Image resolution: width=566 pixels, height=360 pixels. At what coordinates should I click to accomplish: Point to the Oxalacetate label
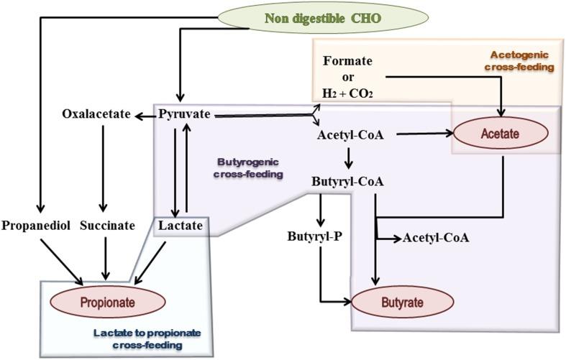94,115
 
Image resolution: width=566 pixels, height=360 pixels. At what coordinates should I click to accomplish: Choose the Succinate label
107,226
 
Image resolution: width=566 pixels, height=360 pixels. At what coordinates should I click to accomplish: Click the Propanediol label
35,226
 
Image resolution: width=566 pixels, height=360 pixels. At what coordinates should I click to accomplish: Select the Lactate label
180,226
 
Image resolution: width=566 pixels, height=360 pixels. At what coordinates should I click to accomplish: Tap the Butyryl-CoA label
347,181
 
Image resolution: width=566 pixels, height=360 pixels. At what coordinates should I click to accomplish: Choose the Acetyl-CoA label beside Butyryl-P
436,237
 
